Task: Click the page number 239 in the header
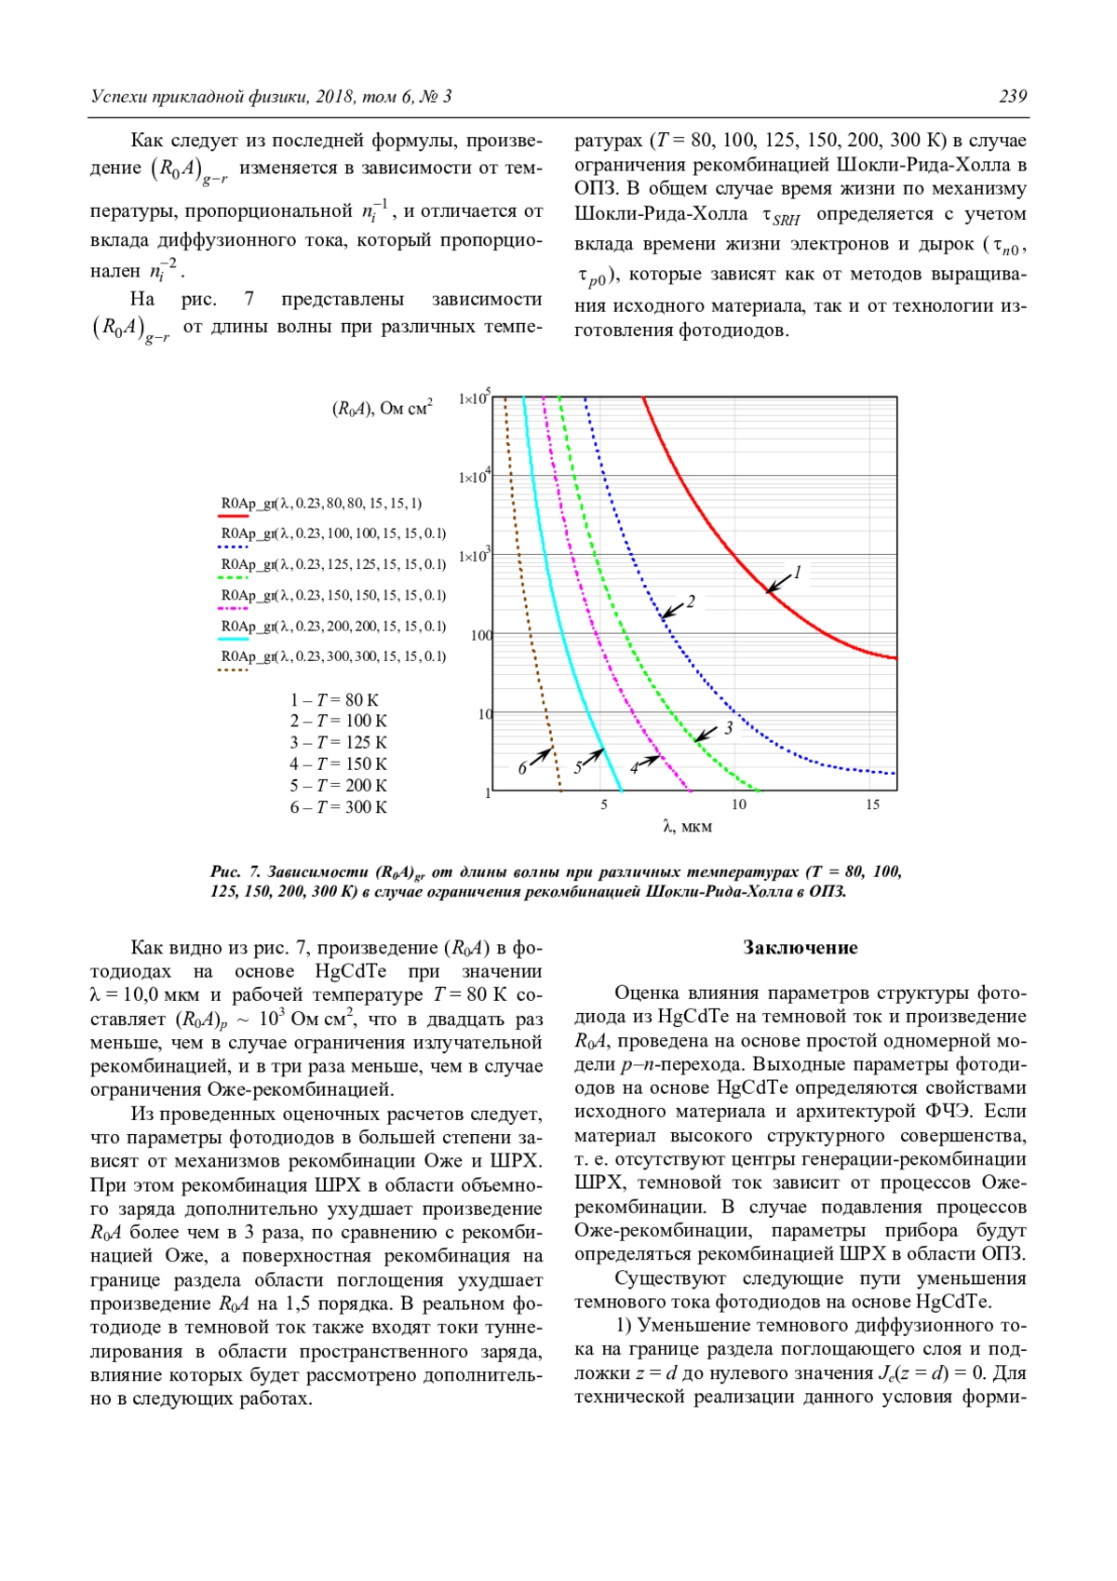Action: point(1013,97)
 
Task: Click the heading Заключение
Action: point(800,948)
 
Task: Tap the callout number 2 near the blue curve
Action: point(691,602)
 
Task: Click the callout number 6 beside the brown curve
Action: point(522,769)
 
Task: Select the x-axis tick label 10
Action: point(738,804)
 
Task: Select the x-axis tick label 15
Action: point(872,804)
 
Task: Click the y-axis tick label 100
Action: point(480,636)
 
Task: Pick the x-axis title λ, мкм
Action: point(687,827)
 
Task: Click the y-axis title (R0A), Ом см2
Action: point(383,409)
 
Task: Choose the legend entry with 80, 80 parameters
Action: point(321,504)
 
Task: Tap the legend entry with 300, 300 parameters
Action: point(333,656)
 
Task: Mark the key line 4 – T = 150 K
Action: point(338,764)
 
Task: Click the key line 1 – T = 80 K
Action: point(334,700)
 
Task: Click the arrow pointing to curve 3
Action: point(707,734)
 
